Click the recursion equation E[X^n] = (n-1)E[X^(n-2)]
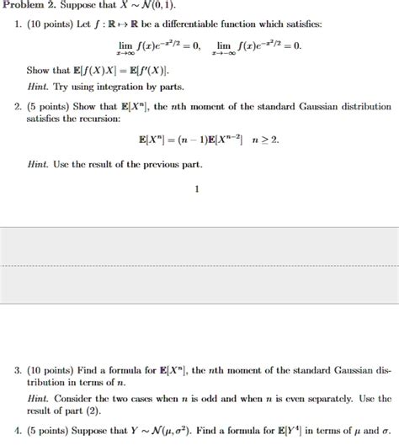(199, 140)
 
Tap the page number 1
(197, 189)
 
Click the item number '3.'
(17, 369)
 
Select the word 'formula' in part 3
(120, 369)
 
